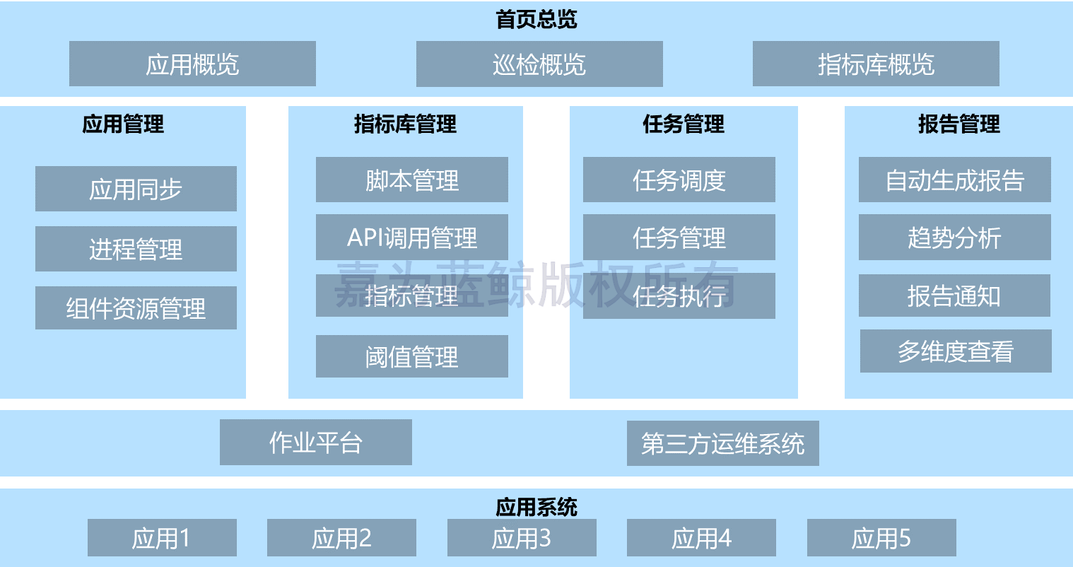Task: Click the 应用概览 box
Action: [192, 64]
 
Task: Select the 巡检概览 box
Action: [539, 64]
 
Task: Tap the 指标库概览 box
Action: [876, 64]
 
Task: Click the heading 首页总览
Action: [536, 19]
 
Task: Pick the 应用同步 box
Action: [136, 189]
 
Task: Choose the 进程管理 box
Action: [136, 249]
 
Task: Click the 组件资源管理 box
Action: [136, 308]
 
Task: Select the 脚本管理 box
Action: [411, 180]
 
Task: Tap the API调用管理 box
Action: [411, 237]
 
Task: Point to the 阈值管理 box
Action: [411, 356]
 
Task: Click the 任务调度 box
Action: [679, 180]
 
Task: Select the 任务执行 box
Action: [679, 296]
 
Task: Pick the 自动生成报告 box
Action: [954, 180]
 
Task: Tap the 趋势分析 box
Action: [954, 237]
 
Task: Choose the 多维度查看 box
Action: [956, 351]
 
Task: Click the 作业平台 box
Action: [315, 442]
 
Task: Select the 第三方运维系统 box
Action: [722, 443]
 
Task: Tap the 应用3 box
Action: [522, 537]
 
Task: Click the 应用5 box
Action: [881, 537]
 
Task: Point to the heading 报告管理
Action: [958, 124]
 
